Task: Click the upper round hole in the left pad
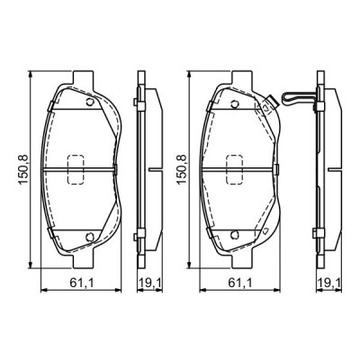tap(88, 102)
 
